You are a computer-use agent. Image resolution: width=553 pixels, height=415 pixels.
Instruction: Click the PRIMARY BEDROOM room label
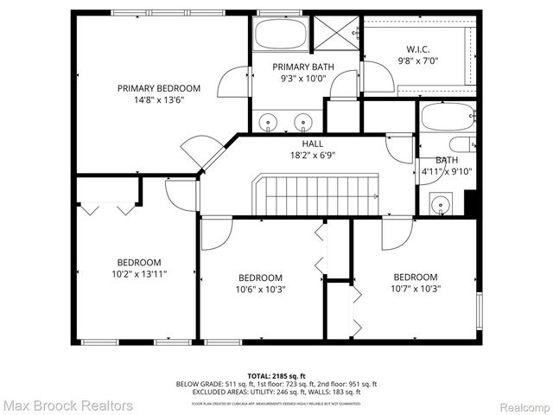[159, 88]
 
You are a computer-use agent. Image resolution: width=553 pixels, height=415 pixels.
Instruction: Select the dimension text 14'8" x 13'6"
[159, 100]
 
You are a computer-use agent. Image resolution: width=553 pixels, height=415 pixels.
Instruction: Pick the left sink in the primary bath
[270, 121]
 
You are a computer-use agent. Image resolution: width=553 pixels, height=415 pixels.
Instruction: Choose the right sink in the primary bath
[303, 121]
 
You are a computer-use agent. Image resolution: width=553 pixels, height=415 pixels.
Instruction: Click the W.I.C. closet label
[418, 50]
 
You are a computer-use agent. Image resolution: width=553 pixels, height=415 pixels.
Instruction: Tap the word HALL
[312, 144]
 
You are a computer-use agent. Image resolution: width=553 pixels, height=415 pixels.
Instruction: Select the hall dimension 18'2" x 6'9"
[312, 156]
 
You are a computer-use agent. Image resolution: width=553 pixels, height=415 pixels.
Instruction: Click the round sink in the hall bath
[442, 205]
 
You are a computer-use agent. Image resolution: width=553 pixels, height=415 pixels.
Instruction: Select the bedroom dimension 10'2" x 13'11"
[139, 274]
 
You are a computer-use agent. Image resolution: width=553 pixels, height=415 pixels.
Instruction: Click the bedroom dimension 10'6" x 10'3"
[261, 290]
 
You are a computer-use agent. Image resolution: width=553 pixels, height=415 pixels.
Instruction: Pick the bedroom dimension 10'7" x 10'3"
[415, 289]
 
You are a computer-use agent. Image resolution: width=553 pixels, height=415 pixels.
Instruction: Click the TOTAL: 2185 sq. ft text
[276, 375]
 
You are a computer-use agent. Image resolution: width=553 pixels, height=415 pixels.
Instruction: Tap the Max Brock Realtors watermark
[67, 405]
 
